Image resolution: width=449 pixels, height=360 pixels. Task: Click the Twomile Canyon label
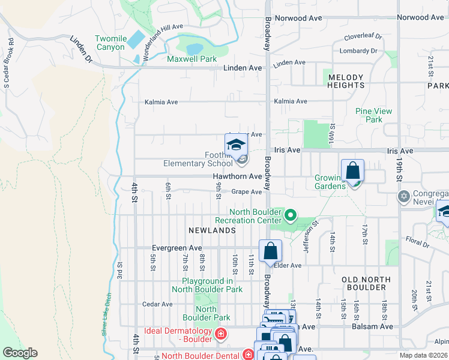112,43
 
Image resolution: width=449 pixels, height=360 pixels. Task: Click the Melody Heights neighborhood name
345,82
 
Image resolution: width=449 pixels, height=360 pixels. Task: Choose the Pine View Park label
373,115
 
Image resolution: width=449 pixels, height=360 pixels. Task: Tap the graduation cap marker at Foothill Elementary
236,145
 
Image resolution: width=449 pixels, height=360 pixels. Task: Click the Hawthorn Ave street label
238,176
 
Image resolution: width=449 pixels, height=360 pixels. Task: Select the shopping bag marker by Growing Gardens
352,170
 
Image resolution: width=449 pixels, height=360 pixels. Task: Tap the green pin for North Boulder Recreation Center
291,214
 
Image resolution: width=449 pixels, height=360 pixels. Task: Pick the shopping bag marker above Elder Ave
270,251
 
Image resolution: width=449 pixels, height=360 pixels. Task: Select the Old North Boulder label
366,283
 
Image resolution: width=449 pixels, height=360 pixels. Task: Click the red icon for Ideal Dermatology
221,334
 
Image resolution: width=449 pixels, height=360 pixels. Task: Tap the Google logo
20,353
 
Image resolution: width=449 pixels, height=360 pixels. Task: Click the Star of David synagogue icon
402,197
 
